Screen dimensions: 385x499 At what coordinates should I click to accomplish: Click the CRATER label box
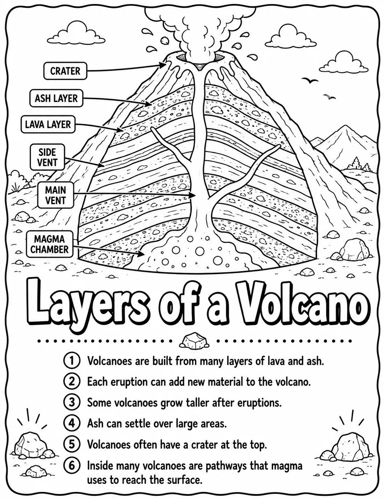click(65, 71)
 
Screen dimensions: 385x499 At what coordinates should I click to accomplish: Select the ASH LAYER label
click(56, 98)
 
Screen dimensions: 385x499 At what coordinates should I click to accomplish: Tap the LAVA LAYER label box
click(48, 124)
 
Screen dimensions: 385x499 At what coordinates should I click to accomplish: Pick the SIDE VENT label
click(47, 157)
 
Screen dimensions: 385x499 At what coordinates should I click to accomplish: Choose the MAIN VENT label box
click(56, 195)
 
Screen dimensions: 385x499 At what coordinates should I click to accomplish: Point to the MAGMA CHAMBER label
click(50, 244)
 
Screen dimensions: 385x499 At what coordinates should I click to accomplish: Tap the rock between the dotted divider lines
click(194, 341)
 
